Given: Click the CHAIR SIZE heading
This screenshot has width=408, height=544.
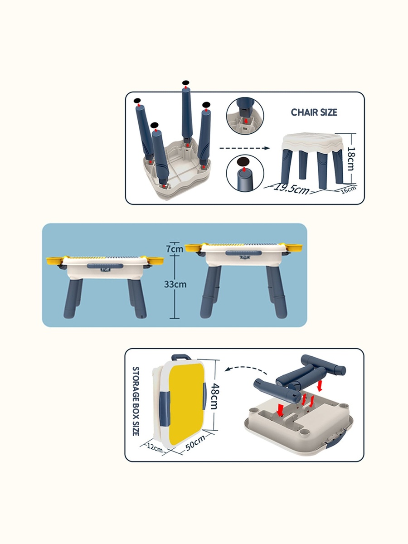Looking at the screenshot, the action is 314,112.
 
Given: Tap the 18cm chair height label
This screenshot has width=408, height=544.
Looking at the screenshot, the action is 351,159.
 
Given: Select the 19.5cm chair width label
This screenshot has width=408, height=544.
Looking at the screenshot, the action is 291,189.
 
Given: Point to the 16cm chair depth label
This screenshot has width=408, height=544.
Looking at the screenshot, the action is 348,189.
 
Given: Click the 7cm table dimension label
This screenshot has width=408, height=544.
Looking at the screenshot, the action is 175,248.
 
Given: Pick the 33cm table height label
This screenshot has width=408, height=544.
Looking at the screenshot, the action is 175,284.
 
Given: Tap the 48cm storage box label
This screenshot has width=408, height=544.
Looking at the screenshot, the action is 214,396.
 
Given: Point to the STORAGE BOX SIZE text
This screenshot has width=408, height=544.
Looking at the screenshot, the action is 136,401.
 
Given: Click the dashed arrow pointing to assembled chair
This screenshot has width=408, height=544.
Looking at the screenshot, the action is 244,148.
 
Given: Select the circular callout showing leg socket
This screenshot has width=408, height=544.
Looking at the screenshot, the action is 245,116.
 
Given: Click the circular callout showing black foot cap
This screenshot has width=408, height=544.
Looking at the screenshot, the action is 245,173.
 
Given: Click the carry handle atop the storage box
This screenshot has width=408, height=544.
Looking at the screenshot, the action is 181,357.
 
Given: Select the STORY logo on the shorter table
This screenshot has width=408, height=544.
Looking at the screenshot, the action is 106,270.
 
